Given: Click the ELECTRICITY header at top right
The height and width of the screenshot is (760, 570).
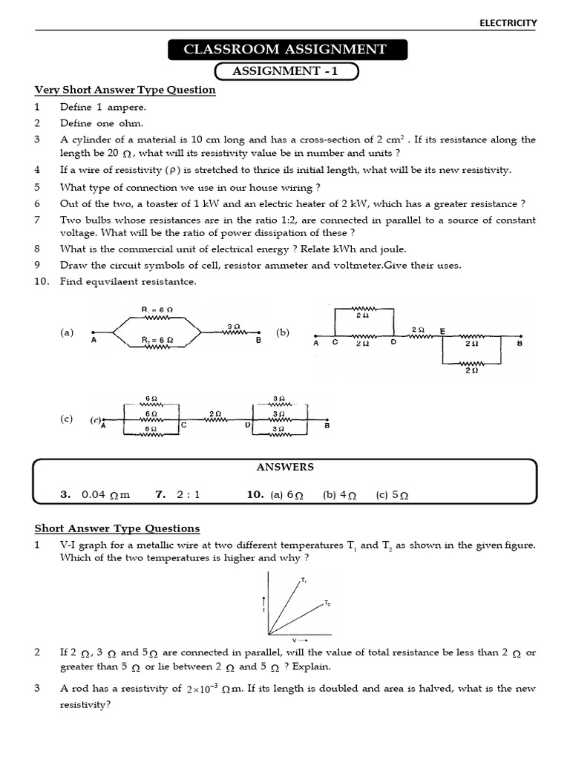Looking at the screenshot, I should tap(508, 23).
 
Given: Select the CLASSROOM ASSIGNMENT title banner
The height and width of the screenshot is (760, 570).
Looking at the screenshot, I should tap(285, 50).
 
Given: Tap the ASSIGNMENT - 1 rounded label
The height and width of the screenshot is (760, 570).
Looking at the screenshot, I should tap(286, 71).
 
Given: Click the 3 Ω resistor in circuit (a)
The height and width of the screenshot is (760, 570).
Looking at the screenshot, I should tap(233, 332).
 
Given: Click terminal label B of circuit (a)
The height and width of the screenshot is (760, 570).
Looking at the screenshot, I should tap(258, 340).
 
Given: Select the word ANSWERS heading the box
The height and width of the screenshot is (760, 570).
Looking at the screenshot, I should tap(285, 467).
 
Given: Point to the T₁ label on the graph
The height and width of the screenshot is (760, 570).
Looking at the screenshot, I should tap(304, 579).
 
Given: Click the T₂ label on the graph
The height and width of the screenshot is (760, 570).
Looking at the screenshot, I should tap(327, 603).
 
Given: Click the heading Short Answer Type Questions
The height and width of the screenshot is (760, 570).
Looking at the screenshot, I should tap(117, 528).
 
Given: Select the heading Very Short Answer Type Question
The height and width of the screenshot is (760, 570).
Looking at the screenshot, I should tap(125, 90).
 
